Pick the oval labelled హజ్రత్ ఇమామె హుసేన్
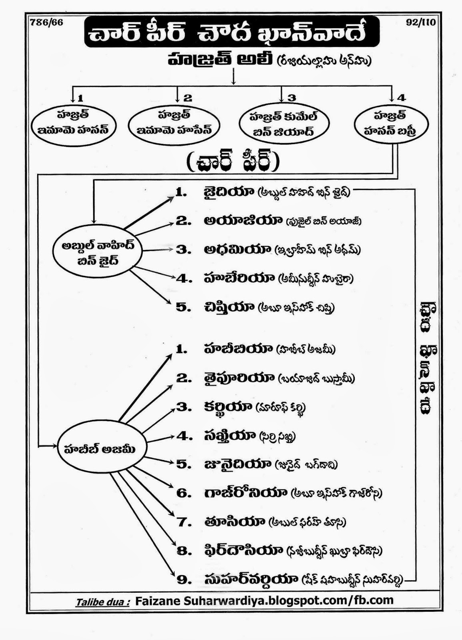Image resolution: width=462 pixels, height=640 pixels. pyautogui.click(x=174, y=124)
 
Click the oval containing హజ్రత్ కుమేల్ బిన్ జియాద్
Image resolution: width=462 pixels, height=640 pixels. pyautogui.click(x=284, y=124)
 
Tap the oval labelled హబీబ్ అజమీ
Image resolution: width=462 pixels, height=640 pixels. pyautogui.click(x=102, y=449)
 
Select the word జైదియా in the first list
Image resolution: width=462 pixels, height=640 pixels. pyautogui.click(x=229, y=192)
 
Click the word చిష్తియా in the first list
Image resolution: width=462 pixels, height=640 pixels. pyautogui.click(x=229, y=307)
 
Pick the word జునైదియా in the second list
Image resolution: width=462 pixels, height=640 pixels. pyautogui.click(x=237, y=464)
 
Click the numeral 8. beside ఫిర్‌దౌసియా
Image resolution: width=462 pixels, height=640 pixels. pyautogui.click(x=184, y=551)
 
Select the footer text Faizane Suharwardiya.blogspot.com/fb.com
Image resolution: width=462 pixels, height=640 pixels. pyautogui.click(x=264, y=601)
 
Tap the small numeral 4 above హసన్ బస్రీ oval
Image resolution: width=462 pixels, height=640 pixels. pyautogui.click(x=402, y=97)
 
